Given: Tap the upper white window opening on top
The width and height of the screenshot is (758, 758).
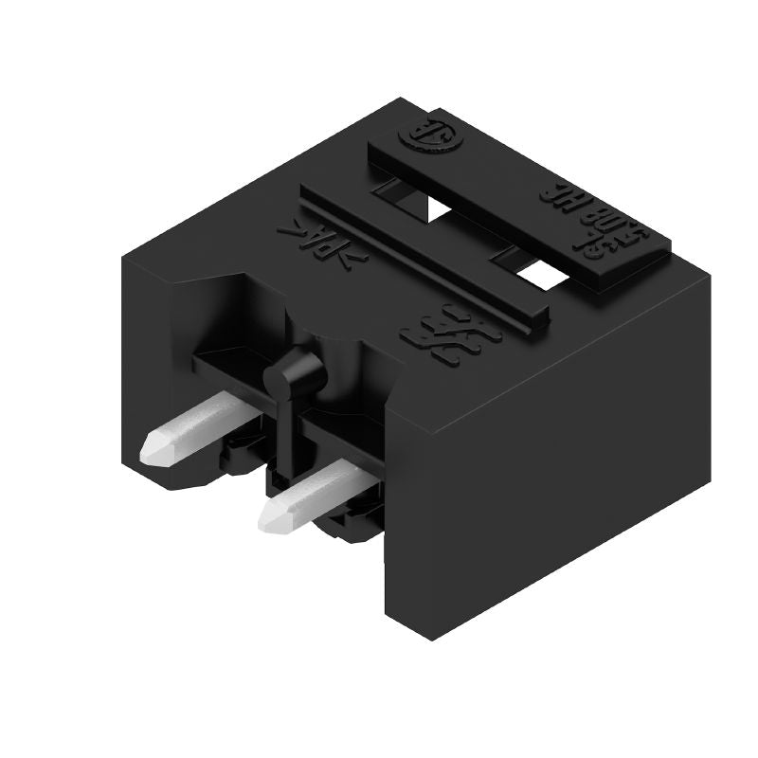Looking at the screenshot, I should coord(439,207).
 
